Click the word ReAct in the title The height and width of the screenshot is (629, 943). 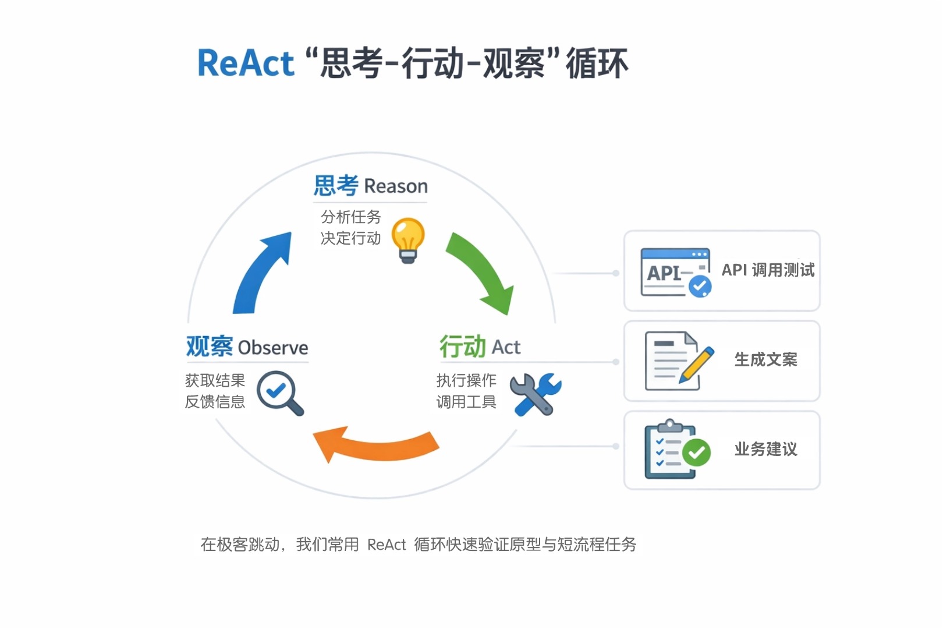click(x=246, y=63)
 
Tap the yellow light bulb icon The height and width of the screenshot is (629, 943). click(x=407, y=239)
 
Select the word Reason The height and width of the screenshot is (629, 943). click(x=396, y=186)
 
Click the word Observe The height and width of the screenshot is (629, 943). click(x=273, y=348)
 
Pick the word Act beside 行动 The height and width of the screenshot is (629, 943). click(x=506, y=347)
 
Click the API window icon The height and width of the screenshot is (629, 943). click(x=675, y=273)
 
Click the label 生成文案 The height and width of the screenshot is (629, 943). click(x=765, y=360)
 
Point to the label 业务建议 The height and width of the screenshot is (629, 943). click(x=765, y=450)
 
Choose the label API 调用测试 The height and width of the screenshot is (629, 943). click(x=768, y=270)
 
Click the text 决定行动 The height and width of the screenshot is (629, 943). click(x=350, y=238)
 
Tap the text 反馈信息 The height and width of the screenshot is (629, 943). click(x=215, y=402)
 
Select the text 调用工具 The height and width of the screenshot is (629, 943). click(x=466, y=402)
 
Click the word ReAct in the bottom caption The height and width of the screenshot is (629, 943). click(x=387, y=545)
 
